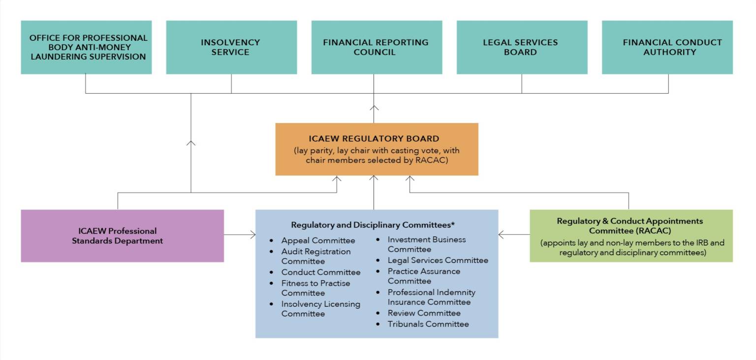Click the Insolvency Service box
tap(231, 47)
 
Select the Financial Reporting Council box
tap(376, 47)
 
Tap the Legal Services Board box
tap(521, 47)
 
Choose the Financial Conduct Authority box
tap(667, 47)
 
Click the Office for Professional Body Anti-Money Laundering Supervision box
tap(86, 47)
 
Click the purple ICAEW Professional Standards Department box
tap(122, 236)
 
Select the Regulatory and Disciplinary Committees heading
tap(373, 225)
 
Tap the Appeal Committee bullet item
tap(318, 241)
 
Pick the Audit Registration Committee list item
tap(315, 256)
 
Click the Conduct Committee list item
tap(320, 272)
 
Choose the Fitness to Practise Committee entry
tap(315, 288)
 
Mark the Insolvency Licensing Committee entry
tap(320, 309)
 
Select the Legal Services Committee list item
tap(438, 260)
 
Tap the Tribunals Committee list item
tap(428, 324)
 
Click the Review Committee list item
tap(424, 313)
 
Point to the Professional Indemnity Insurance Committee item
tap(431, 297)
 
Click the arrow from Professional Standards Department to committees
tap(240, 235)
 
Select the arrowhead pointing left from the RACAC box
tap(502, 235)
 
